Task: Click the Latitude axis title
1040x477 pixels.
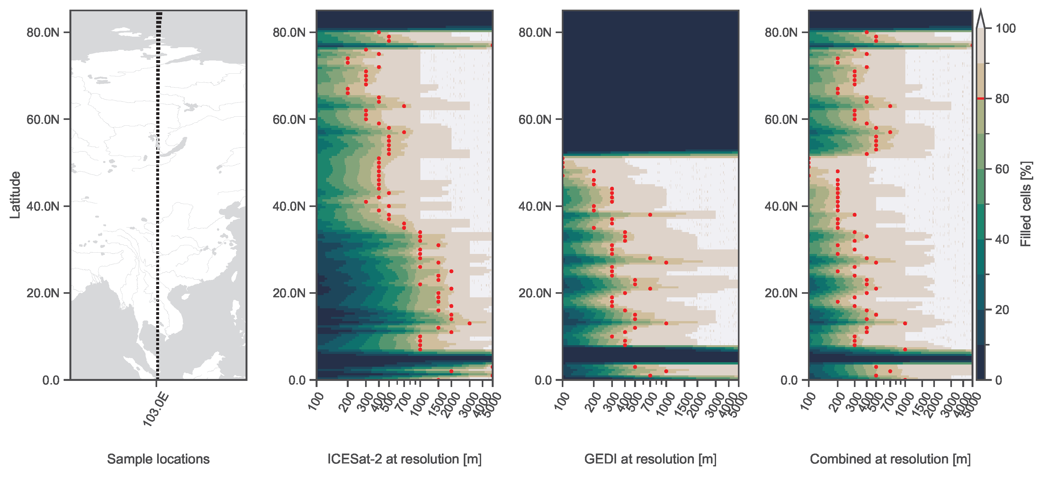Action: pyautogui.click(x=15, y=195)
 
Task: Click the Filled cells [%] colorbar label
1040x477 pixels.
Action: pyautogui.click(x=1026, y=204)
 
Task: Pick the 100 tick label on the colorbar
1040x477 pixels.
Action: pyautogui.click(x=1005, y=28)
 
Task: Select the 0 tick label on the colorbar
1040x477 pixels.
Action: pyautogui.click(x=999, y=380)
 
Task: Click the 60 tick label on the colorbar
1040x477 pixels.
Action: pyautogui.click(x=1002, y=169)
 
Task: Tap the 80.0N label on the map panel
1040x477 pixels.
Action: pyautogui.click(x=43, y=32)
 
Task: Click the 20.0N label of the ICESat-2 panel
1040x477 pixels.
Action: pyautogui.click(x=289, y=293)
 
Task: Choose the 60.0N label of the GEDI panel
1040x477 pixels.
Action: pyautogui.click(x=535, y=120)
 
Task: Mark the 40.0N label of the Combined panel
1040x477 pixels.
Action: pyautogui.click(x=781, y=206)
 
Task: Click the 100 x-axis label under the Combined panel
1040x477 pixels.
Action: pyautogui.click(x=808, y=401)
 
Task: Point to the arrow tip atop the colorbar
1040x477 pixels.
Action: pyautogui.click(x=980, y=12)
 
